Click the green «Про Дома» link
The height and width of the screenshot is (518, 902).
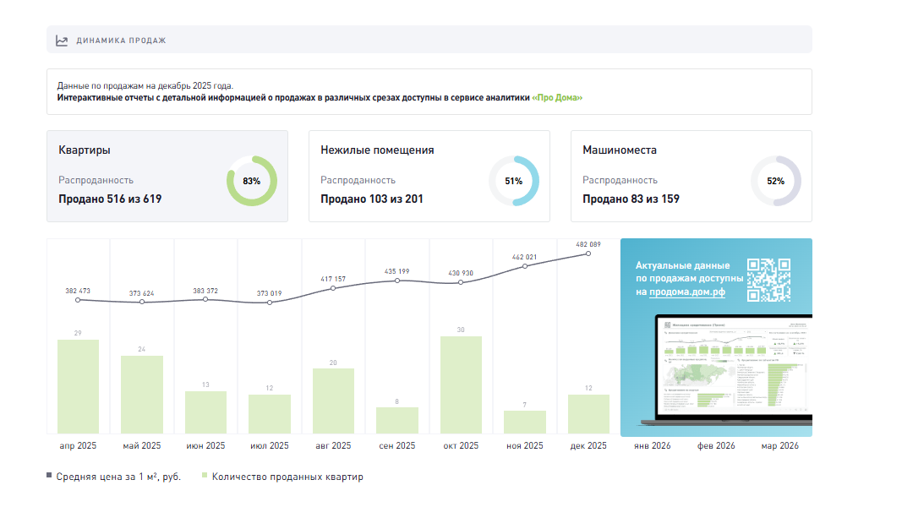coord(557,97)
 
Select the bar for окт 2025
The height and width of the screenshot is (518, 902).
coord(461,385)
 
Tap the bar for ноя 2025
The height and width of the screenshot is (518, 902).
coord(525,423)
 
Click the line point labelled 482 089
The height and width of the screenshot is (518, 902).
coord(588,253)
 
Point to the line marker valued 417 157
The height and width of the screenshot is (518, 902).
coord(333,288)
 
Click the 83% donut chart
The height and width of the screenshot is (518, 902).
coord(251,181)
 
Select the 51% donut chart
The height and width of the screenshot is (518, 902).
coord(514,181)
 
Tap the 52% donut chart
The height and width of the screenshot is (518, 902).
coord(776,181)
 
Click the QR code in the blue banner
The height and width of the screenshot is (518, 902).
coord(768,280)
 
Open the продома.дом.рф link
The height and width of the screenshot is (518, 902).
coord(687,292)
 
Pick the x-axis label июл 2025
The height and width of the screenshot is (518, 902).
coord(270,446)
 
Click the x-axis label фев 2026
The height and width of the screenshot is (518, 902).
coord(715,446)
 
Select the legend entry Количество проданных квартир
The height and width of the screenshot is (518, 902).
coord(287,477)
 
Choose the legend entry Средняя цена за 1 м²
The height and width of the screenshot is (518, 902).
coord(118,477)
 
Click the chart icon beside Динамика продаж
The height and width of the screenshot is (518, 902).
coord(62,40)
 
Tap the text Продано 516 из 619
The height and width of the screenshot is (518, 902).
coord(110,199)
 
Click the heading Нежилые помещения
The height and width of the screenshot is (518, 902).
coord(377,150)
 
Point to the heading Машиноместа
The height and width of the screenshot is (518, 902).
coord(620,150)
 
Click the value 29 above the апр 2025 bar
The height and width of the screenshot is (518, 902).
coord(78,333)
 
